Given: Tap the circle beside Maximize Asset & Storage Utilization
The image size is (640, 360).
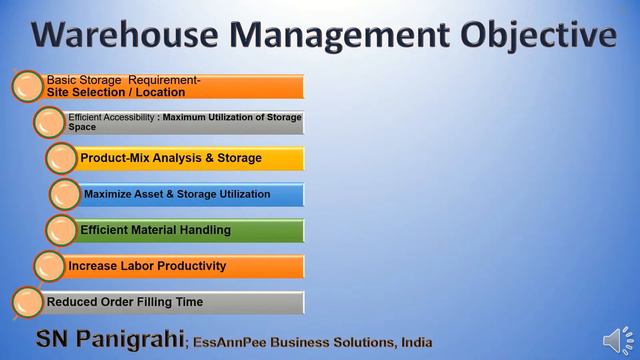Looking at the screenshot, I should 65,194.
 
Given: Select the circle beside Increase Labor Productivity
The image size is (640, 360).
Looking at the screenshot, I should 50,266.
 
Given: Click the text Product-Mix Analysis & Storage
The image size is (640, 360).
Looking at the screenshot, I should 171,158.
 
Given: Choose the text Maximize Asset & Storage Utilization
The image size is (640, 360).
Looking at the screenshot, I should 177,194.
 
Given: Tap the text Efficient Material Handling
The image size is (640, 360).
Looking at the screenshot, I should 155,230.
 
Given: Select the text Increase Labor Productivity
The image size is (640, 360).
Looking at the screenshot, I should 147,266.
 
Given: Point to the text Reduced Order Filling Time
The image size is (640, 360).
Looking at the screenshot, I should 125,302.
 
